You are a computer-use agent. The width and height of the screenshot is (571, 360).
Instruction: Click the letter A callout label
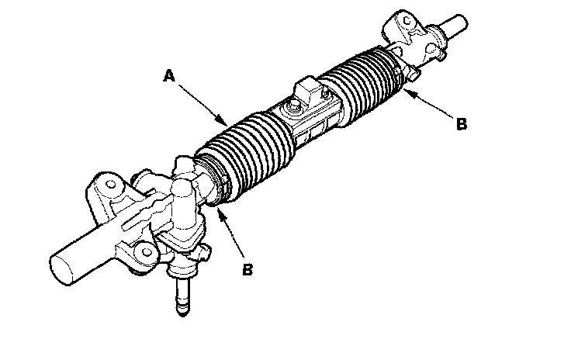pos(168,76)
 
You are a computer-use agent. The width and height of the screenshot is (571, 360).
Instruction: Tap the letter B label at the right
pos(461,123)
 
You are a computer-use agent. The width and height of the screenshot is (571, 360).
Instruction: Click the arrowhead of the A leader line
pos(225,124)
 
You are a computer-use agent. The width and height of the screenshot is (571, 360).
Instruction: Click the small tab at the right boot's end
pos(411,74)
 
